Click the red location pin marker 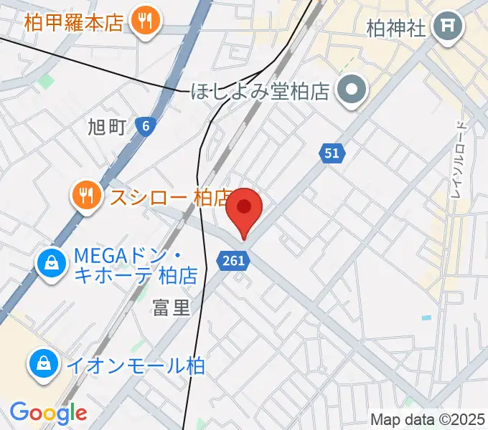coord(244,209)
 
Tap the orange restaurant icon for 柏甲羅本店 coord(146,21)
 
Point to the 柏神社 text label coord(396,28)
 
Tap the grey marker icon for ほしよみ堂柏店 coord(352,90)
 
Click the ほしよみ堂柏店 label coord(259,92)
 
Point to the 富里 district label coord(172,308)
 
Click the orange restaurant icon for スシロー coord(86,195)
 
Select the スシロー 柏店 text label coord(169,196)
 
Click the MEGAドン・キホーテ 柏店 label coord(136,264)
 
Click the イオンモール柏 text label coord(136,365)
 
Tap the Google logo coord(48,413)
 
